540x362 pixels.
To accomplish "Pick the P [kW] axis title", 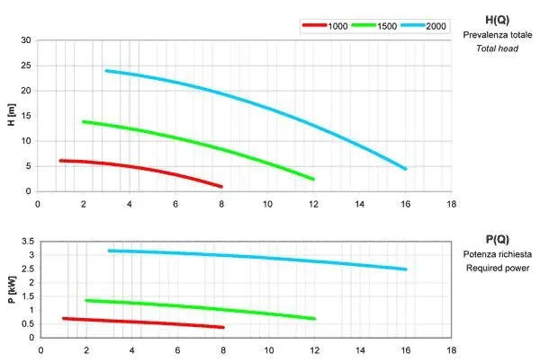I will click(x=12, y=289).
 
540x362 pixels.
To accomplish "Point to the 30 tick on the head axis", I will click(x=26, y=40).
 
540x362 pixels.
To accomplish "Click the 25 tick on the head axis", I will click(x=26, y=66).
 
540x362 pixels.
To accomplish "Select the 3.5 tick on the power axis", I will click(x=25, y=242).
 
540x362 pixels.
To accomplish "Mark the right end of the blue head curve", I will click(x=405, y=168).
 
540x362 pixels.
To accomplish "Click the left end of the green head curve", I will click(x=84, y=121).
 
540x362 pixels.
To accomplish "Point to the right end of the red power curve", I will click(x=222, y=327).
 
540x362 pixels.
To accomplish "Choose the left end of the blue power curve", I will click(x=108, y=251).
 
